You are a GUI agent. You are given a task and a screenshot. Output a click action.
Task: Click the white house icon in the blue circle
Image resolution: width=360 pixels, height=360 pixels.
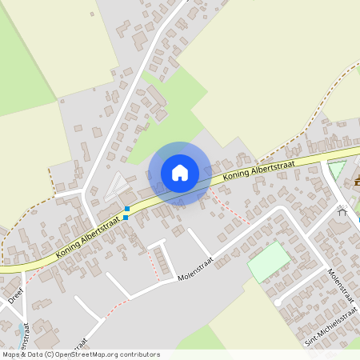pyautogui.click(x=179, y=173)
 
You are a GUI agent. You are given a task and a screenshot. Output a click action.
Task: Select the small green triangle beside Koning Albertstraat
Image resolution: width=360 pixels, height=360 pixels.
pyautogui.click(x=336, y=170)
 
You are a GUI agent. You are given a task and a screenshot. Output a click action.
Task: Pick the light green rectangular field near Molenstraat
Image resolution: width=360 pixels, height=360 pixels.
pyautogui.click(x=269, y=261)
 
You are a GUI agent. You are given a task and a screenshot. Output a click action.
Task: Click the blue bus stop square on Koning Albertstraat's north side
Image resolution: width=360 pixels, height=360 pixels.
pyautogui.click(x=127, y=209)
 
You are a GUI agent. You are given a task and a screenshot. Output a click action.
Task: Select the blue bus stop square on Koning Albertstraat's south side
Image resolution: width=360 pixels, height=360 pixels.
pyautogui.click(x=126, y=217)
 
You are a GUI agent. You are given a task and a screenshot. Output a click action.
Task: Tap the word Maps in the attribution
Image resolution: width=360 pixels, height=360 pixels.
pyautogui.click(x=11, y=354)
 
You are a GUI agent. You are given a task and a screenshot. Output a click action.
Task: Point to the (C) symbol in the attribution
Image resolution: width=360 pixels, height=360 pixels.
pyautogui.click(x=50, y=354)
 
